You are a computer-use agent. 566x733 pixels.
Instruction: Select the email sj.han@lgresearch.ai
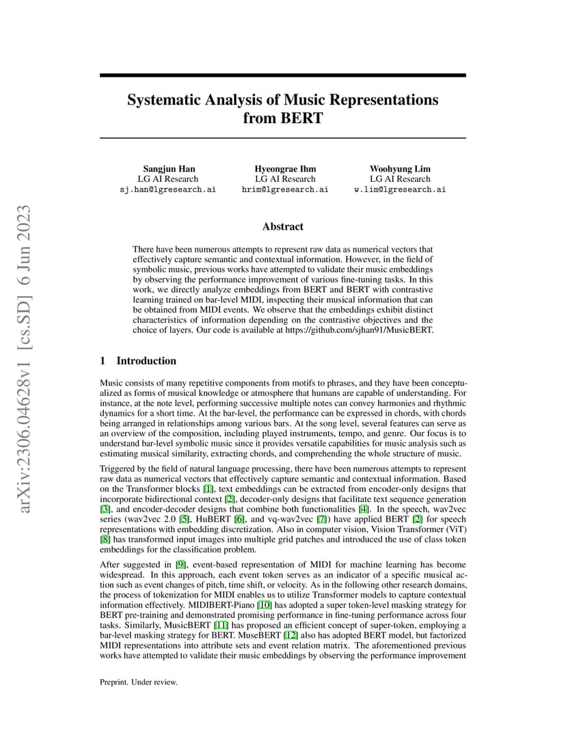point(167,189)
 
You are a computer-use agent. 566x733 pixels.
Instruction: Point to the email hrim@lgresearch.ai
point(284,189)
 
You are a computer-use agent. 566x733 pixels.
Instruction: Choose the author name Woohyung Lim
point(400,169)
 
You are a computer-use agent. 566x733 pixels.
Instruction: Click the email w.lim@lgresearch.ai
point(400,189)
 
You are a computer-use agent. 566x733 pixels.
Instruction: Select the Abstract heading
point(283,226)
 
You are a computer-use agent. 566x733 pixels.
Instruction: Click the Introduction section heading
point(146,361)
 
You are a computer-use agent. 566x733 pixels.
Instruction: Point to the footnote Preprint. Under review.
point(139,682)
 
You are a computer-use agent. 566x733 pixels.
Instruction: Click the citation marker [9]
point(180,565)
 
